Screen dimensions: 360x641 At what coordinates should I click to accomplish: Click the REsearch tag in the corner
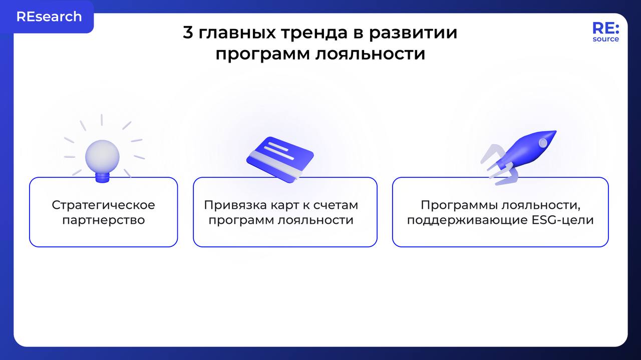pos(49,17)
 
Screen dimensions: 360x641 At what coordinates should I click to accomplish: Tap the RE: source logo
pos(605,32)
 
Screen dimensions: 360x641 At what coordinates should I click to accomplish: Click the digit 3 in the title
pos(188,33)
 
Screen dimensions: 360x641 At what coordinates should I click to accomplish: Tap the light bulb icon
pos(102,156)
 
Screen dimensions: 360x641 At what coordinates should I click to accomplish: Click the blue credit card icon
pos(280,158)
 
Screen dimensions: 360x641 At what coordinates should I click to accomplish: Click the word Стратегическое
pos(104,205)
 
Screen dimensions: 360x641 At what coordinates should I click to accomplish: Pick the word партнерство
pos(104,220)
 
